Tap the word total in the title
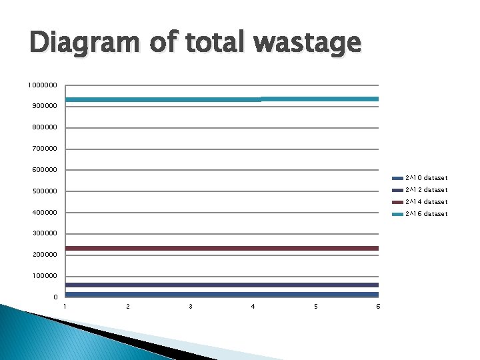coord(213,45)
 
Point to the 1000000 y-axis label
coord(42,85)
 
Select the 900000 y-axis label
coord(44,107)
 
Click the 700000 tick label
coord(44,149)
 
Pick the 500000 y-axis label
coord(44,192)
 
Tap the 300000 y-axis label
coord(44,233)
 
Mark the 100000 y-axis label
coord(44,276)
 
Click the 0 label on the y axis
coord(56,297)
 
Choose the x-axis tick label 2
coord(128,307)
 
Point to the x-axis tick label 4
coord(253,307)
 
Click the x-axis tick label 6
coord(378,307)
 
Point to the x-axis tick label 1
coord(65,307)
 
